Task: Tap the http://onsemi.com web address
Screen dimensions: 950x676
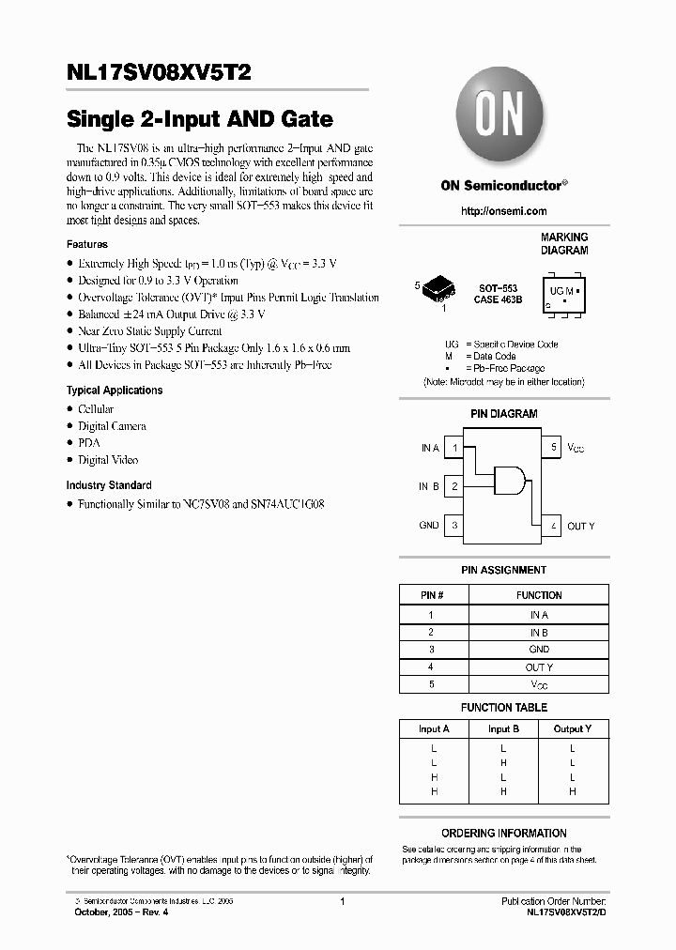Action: [503, 211]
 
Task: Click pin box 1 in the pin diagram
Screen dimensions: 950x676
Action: [454, 449]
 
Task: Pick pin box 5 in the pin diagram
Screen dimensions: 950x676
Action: [554, 449]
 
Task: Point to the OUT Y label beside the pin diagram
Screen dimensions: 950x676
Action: [581, 527]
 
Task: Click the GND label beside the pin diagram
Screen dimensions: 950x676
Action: [429, 526]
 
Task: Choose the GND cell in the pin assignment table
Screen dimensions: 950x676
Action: [539, 650]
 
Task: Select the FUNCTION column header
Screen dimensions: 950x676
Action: [539, 595]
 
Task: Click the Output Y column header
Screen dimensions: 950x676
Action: [572, 728]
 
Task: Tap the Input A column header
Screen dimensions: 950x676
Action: [434, 728]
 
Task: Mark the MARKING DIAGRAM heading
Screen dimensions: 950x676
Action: [564, 244]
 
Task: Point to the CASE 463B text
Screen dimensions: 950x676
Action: [499, 299]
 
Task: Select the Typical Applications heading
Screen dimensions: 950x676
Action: [115, 391]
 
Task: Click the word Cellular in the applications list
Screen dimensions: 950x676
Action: [96, 409]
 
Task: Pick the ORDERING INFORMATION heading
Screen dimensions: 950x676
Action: [504, 834]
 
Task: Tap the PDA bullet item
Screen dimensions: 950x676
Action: [88, 443]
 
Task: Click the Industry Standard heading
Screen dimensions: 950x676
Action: [109, 485]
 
